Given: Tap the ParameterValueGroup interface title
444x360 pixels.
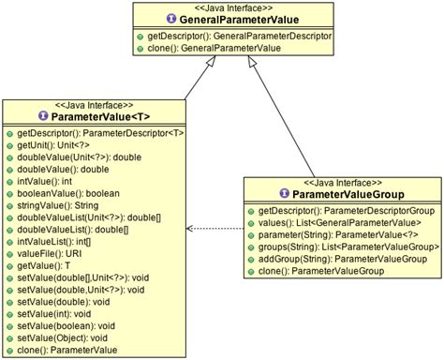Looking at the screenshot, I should point(344,193).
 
